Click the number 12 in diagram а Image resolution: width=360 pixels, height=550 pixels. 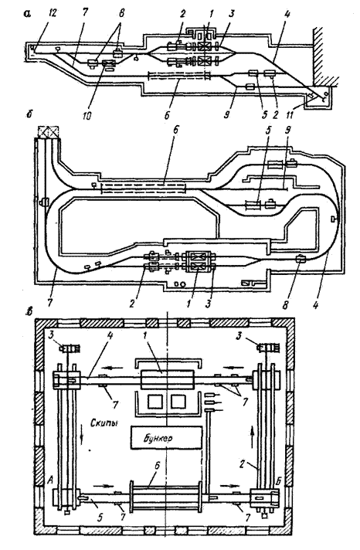[x=43, y=12]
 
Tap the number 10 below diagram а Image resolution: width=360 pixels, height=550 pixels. [x=87, y=115]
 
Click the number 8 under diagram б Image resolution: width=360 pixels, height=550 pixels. [x=286, y=304]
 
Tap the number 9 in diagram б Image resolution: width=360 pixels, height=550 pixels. [x=287, y=131]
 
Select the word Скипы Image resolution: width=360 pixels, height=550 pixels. [x=104, y=423]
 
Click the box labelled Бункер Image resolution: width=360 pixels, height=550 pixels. [x=166, y=438]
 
